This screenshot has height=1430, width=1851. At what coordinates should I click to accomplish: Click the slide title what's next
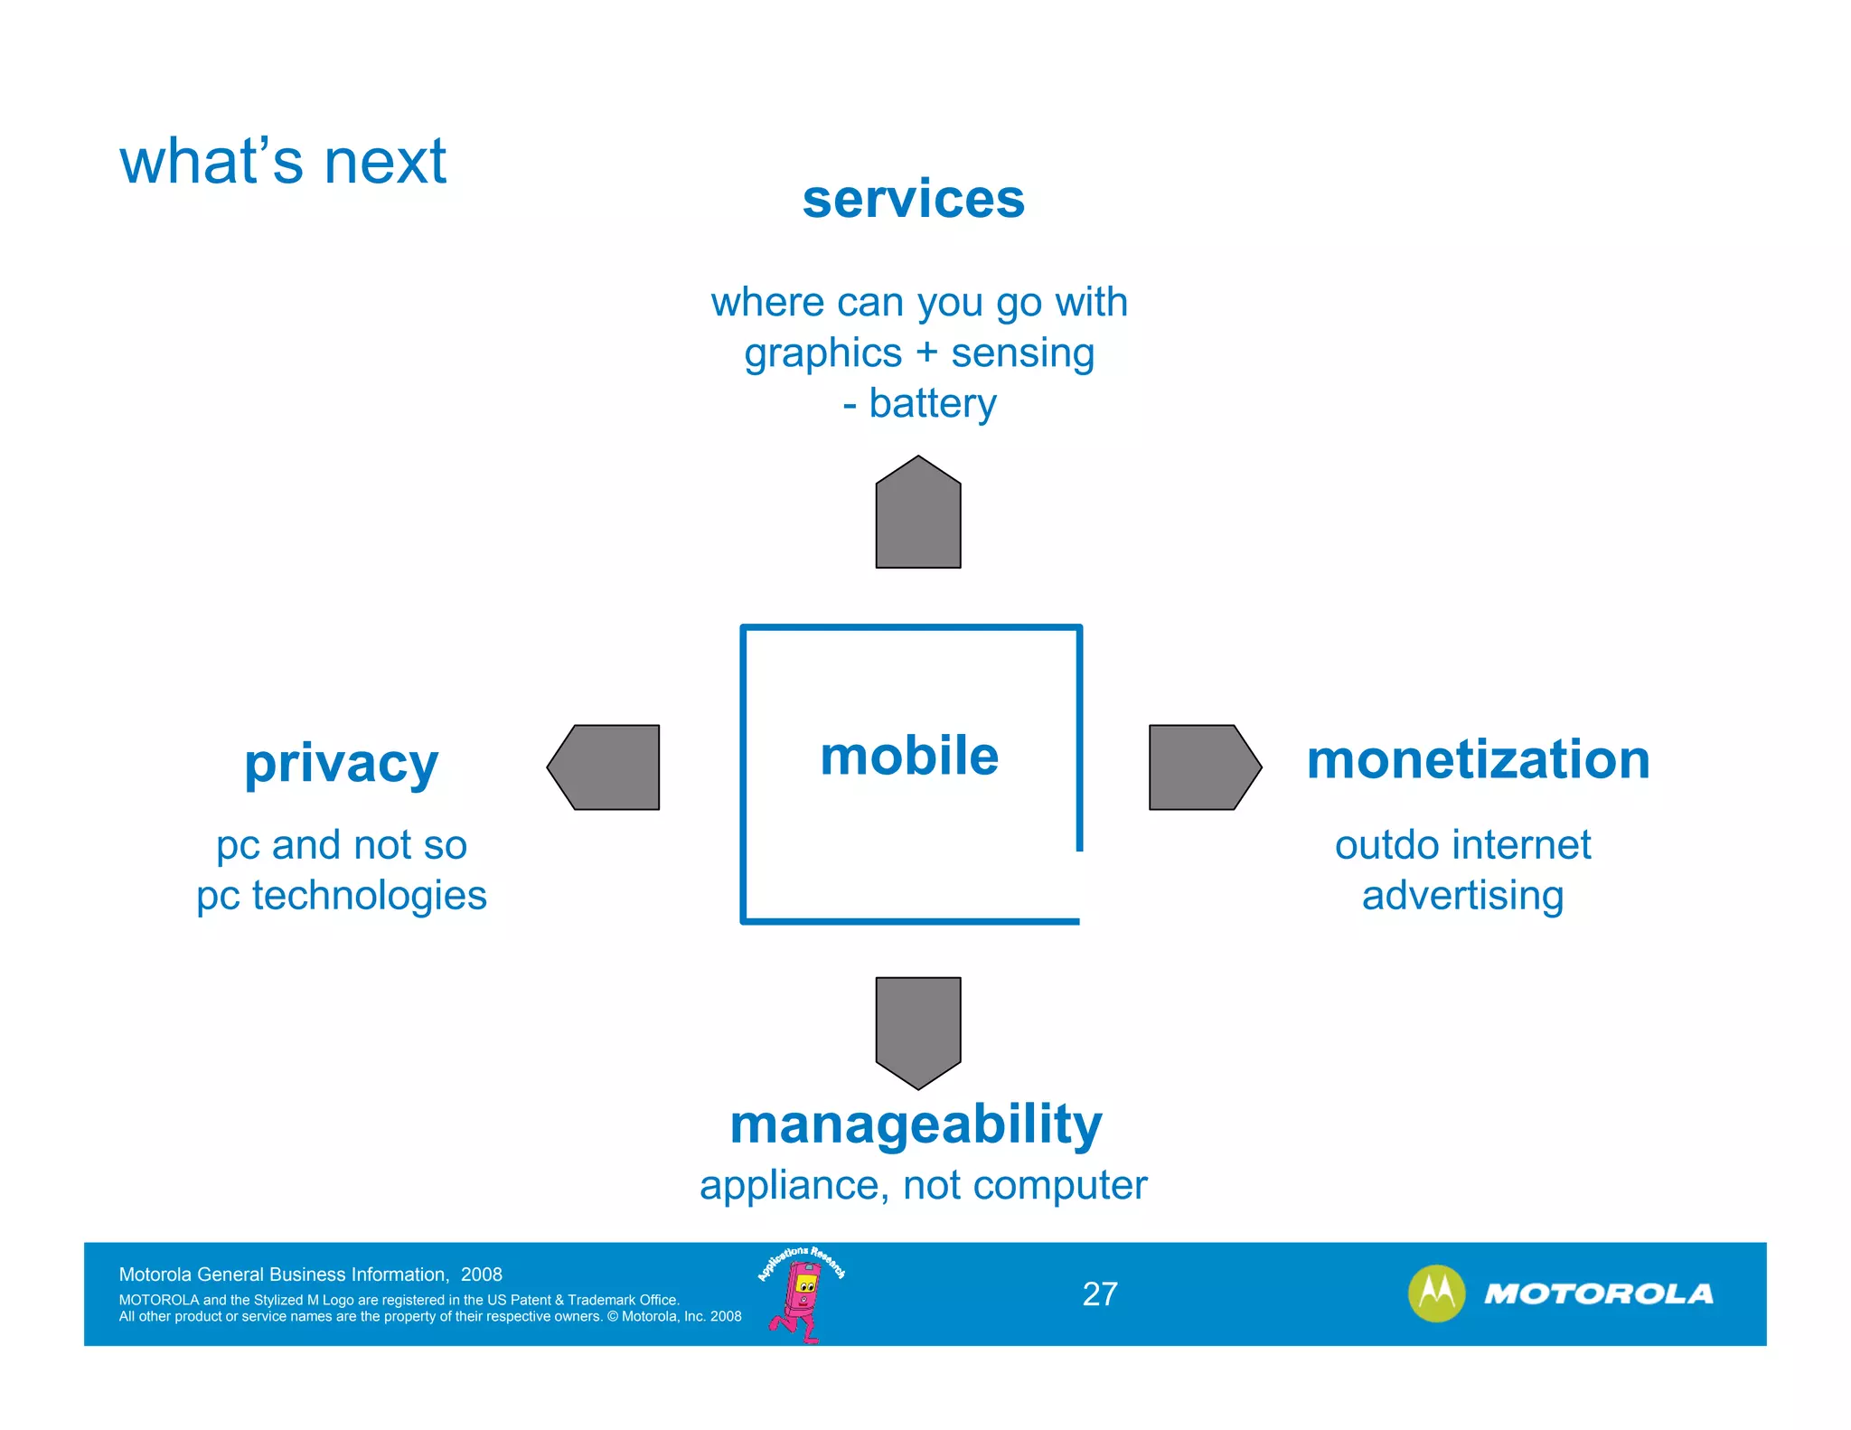click(x=283, y=163)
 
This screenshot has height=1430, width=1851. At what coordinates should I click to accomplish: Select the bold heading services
click(x=913, y=199)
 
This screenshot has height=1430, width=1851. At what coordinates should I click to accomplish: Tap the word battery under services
click(x=932, y=403)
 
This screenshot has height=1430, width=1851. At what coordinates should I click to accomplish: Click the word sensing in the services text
click(x=1022, y=353)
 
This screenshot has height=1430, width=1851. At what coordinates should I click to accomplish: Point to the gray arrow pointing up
click(x=917, y=515)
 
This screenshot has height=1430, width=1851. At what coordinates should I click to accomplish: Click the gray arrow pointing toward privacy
click(x=606, y=767)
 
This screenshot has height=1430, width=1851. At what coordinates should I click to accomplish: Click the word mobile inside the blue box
click(x=909, y=756)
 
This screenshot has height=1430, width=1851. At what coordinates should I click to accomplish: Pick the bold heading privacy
click(x=341, y=764)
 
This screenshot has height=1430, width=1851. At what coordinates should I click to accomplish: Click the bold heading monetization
click(x=1478, y=759)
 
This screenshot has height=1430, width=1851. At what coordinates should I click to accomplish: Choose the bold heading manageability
click(x=916, y=1124)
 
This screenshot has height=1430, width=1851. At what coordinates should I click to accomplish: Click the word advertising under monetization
click(x=1462, y=896)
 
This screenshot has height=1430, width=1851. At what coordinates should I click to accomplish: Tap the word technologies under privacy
click(x=369, y=896)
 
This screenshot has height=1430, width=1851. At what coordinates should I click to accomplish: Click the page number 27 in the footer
click(x=1100, y=1294)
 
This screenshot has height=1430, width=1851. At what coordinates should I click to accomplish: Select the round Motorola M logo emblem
click(x=1436, y=1294)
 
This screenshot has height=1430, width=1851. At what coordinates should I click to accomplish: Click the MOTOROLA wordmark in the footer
click(x=1598, y=1294)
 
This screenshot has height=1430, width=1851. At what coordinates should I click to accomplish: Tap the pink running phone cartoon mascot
click(x=800, y=1300)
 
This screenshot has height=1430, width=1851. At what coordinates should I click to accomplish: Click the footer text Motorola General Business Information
click(x=284, y=1275)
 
